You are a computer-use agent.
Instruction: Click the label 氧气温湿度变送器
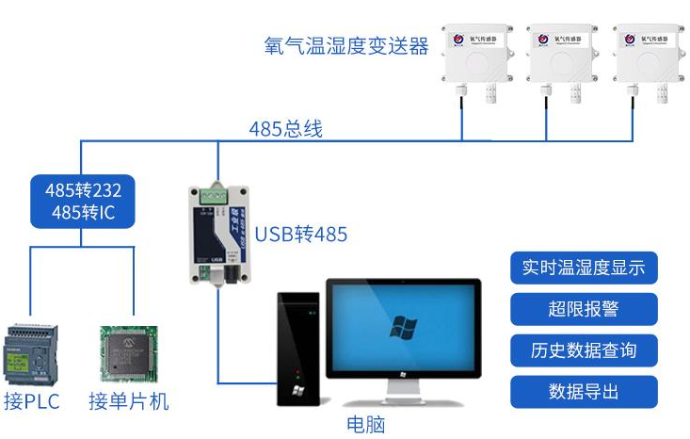tap(347, 44)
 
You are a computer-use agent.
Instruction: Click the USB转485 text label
tap(301, 234)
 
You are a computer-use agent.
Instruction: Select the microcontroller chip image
tap(129, 354)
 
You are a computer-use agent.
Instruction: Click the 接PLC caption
tap(33, 402)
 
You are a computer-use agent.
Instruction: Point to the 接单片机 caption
tap(129, 402)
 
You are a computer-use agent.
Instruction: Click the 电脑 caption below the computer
tap(366, 423)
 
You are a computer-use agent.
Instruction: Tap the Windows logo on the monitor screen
tap(405, 327)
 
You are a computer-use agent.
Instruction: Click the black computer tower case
tap(298, 349)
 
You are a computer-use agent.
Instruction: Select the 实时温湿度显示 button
tap(584, 267)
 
